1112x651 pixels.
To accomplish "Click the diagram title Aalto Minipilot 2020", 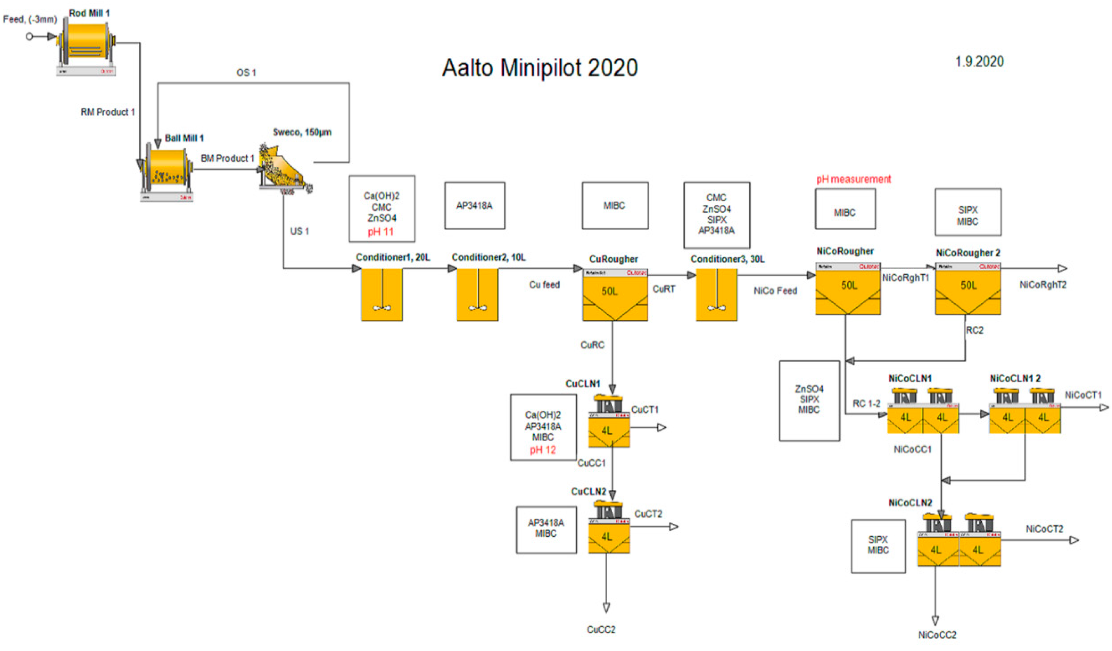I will [x=540, y=67].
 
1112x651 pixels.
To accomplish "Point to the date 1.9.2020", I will [x=979, y=61].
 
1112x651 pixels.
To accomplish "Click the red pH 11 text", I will [x=381, y=232].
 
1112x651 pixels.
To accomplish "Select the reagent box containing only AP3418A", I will [x=474, y=205].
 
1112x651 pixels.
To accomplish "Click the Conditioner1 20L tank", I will [x=382, y=294].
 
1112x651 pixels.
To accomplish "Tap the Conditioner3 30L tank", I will [x=716, y=294].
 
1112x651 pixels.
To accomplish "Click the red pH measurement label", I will [x=853, y=179].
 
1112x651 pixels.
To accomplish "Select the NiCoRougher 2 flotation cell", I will [x=968, y=289].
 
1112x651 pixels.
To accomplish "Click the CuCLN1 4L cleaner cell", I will [x=609, y=423].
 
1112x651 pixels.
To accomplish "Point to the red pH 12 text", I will [x=543, y=450].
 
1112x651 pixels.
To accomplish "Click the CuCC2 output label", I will [x=601, y=629].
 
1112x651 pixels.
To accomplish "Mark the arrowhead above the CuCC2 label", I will [x=606, y=608].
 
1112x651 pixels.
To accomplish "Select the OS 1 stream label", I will [x=246, y=72].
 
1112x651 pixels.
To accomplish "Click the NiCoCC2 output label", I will [x=937, y=635].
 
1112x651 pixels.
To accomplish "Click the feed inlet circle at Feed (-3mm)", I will [x=29, y=37].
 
